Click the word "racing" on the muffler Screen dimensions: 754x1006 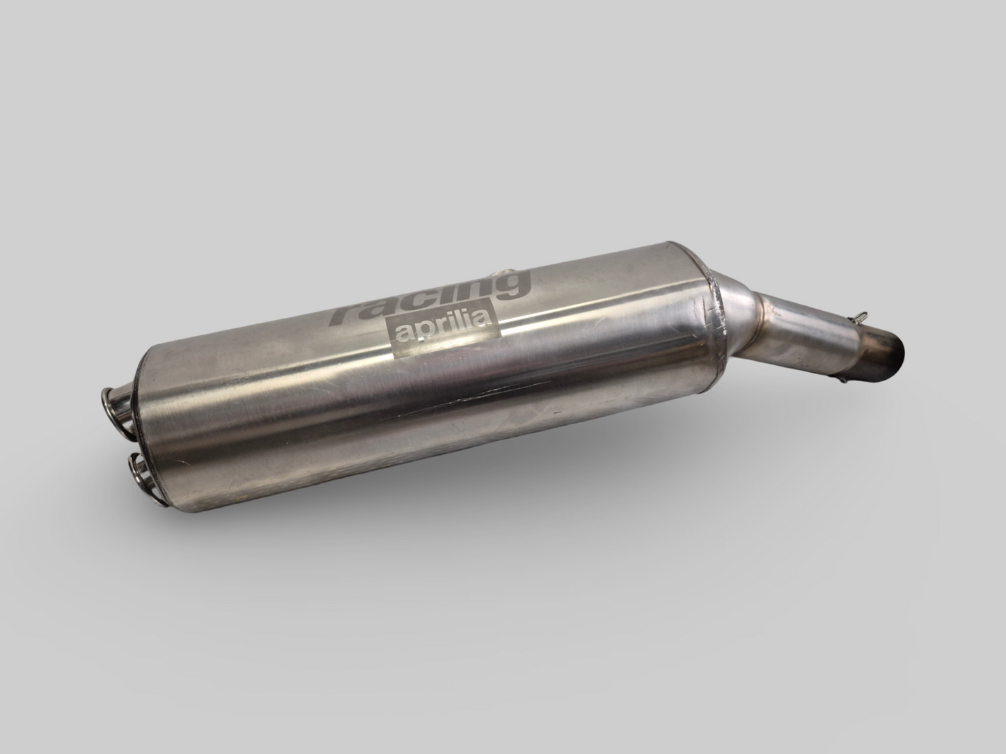pos(428,295)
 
